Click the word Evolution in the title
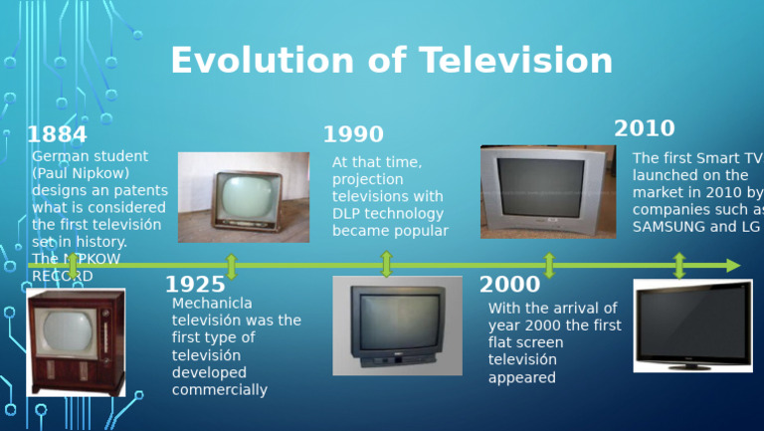pos(265,61)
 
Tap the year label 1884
pos(57,134)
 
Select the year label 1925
pos(195,286)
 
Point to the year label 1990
pos(353,134)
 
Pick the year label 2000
pos(509,285)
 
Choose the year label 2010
pos(644,128)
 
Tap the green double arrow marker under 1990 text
pos(387,265)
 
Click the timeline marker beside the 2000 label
pos(549,266)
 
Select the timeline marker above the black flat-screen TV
pos(679,266)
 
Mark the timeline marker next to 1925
pos(232,266)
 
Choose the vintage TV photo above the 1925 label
pos(244,197)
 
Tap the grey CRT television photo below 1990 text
pos(397,325)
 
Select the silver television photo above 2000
pos(548,191)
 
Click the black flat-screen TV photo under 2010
pos(692,325)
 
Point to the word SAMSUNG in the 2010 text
pos(668,227)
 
